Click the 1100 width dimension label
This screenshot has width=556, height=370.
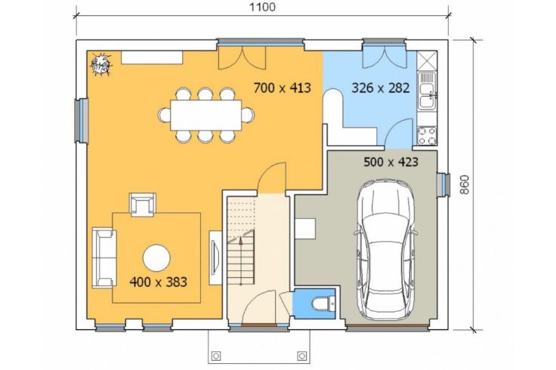[262, 7]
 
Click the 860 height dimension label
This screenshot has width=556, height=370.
[465, 184]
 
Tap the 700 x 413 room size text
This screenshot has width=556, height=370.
[283, 88]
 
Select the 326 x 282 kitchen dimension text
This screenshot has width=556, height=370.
[381, 88]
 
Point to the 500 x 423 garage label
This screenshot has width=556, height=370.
[391, 162]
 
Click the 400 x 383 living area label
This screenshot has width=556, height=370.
[158, 282]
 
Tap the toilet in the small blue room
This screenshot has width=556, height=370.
[323, 304]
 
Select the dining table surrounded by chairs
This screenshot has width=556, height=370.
[206, 116]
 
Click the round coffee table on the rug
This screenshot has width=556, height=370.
[156, 258]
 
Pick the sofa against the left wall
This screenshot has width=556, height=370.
[104, 257]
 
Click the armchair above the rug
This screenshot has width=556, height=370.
[143, 205]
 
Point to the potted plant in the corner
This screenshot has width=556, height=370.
[100, 64]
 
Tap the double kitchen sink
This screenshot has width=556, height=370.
[428, 91]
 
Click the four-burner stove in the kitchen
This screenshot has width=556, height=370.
[428, 136]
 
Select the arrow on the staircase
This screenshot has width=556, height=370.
[241, 261]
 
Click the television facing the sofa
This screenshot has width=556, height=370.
[215, 257]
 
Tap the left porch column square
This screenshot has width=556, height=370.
[216, 356]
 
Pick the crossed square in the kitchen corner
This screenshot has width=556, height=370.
[428, 60]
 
